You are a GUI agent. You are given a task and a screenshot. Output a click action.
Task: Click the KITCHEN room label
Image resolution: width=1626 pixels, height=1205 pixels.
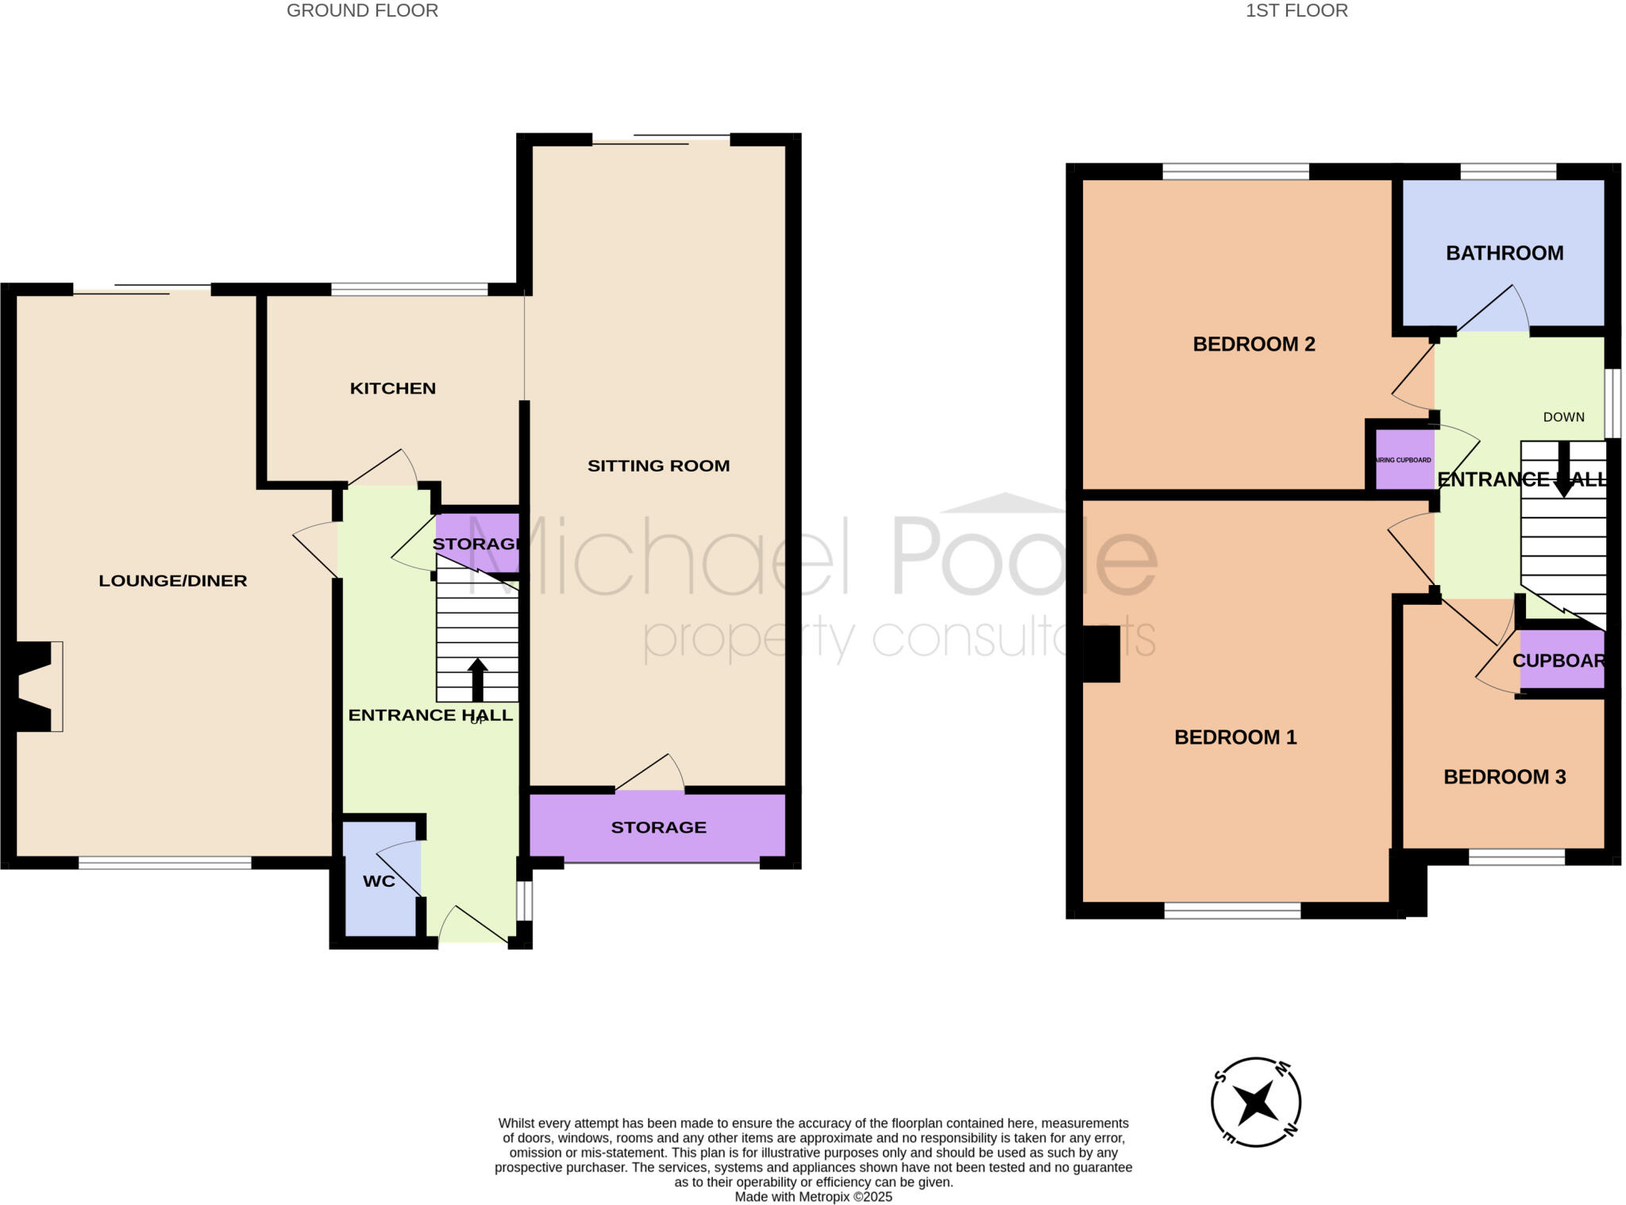coord(393,388)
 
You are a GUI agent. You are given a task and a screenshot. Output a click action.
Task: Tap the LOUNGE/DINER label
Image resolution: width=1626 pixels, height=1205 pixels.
coord(172,580)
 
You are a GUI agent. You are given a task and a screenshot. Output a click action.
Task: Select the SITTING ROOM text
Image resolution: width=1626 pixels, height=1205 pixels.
coord(658,466)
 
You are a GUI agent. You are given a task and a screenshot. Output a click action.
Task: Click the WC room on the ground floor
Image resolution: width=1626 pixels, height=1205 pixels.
coord(380,881)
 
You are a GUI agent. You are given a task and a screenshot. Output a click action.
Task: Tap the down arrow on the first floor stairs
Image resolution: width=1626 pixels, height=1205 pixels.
coord(1563,470)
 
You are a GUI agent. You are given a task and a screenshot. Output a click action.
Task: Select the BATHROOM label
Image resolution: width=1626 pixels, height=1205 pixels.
coord(1504,253)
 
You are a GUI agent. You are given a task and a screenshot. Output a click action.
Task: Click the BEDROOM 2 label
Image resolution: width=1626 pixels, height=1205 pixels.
coord(1254,344)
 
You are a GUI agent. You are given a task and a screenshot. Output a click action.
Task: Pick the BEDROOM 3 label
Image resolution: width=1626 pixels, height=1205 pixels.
coord(1504,776)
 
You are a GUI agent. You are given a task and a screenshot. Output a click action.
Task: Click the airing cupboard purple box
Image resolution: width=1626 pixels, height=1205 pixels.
coord(1404,460)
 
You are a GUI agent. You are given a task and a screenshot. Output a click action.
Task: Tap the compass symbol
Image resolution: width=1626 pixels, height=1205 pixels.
coord(1255,1102)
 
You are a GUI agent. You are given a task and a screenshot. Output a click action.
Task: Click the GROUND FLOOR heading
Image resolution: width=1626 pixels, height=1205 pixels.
coord(362,10)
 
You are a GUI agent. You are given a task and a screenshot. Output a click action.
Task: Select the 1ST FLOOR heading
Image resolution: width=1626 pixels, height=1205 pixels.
coord(1296,10)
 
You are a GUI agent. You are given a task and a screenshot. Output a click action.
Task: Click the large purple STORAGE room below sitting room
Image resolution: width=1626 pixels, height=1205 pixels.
coord(658,827)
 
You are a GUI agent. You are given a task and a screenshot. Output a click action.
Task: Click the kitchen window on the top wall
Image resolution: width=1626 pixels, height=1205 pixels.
coord(409,290)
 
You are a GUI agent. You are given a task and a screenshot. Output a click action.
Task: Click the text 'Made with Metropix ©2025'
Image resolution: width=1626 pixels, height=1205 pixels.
coord(813,1196)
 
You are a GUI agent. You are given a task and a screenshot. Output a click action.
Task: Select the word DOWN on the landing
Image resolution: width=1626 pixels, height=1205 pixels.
coord(1563,417)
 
